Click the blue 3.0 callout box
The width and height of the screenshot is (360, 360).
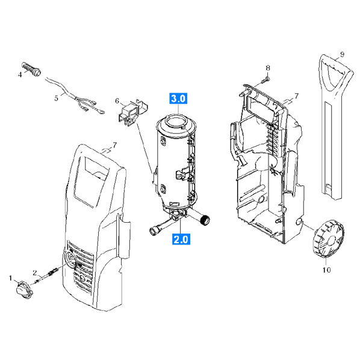pos(178,99)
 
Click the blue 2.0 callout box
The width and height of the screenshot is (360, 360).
pos(181,239)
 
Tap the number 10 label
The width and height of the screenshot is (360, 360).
pos(327,270)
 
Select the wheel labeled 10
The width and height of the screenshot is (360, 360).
pos(328,238)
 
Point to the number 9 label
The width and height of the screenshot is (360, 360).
pos(342,55)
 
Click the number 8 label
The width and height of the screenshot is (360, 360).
pos(268,68)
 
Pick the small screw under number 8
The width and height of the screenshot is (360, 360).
pos(265,80)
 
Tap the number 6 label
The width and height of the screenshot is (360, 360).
pos(117,101)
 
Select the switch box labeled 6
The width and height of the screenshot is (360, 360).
pos(133,113)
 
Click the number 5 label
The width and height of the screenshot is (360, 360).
pos(57,98)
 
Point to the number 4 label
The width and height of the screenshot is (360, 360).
pos(20,75)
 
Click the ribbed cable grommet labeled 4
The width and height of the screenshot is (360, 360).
pos(31,69)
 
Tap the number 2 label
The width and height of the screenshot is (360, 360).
pos(34,273)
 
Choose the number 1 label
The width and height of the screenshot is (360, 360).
pos(10,278)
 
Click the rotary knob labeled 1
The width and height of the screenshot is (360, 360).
pos(25,290)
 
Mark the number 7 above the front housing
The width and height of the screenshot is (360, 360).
pos(114,145)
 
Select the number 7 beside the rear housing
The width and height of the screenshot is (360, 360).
pos(296,96)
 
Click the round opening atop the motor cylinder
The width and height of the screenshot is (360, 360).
pos(176,121)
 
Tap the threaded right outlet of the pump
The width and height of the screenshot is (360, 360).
pos(205,220)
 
